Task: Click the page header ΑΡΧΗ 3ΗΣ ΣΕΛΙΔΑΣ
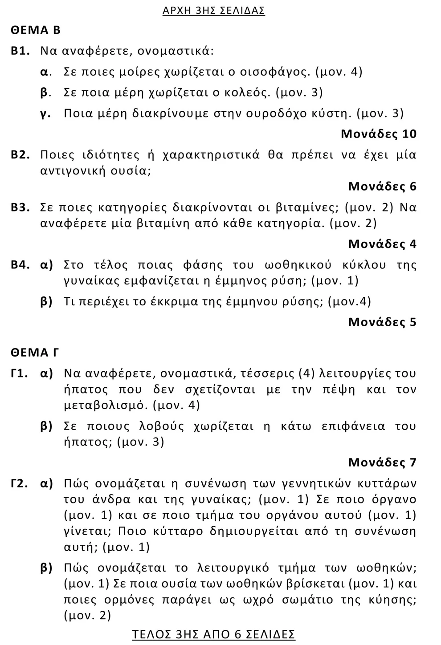click(214, 10)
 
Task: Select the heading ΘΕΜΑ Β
click(36, 30)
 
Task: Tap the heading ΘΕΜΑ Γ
click(35, 353)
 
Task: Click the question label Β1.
click(20, 51)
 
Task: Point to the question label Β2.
click(20, 155)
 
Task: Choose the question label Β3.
click(20, 208)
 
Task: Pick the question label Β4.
click(20, 265)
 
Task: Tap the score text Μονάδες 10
click(379, 134)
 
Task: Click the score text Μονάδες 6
click(382, 187)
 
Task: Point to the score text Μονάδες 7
click(382, 463)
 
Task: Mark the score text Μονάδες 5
click(382, 322)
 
